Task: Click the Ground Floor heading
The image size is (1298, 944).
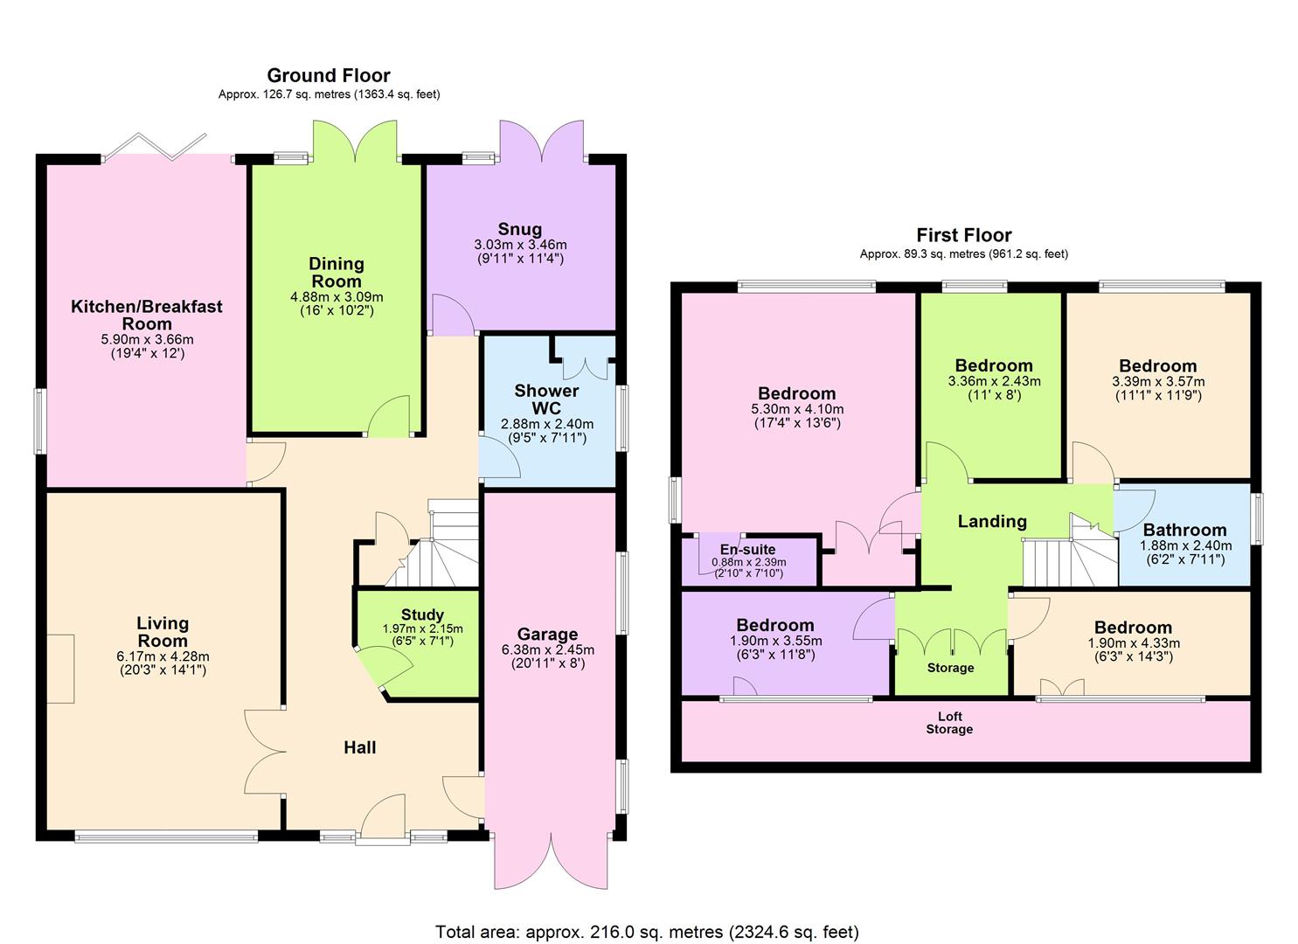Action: point(329,75)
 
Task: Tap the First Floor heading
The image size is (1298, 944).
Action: point(963,235)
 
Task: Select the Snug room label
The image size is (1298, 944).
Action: point(520,230)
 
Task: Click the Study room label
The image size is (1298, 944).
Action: point(422,614)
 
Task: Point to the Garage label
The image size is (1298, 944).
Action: point(547,635)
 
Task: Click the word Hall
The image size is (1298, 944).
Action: point(359,747)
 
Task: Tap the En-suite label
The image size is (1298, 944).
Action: point(747,550)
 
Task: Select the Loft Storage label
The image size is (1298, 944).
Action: point(949,723)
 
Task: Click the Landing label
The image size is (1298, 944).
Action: point(992,522)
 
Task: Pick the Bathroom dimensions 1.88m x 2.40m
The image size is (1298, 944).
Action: point(1185,545)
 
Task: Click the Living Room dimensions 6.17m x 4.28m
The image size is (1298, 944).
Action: point(163,656)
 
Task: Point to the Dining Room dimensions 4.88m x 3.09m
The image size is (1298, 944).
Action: point(337,297)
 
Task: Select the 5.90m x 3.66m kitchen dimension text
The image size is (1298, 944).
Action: point(147,340)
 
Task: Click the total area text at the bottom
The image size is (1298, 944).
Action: point(647,932)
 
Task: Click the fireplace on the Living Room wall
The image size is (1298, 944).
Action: point(60,669)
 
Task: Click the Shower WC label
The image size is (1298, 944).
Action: point(546,399)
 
